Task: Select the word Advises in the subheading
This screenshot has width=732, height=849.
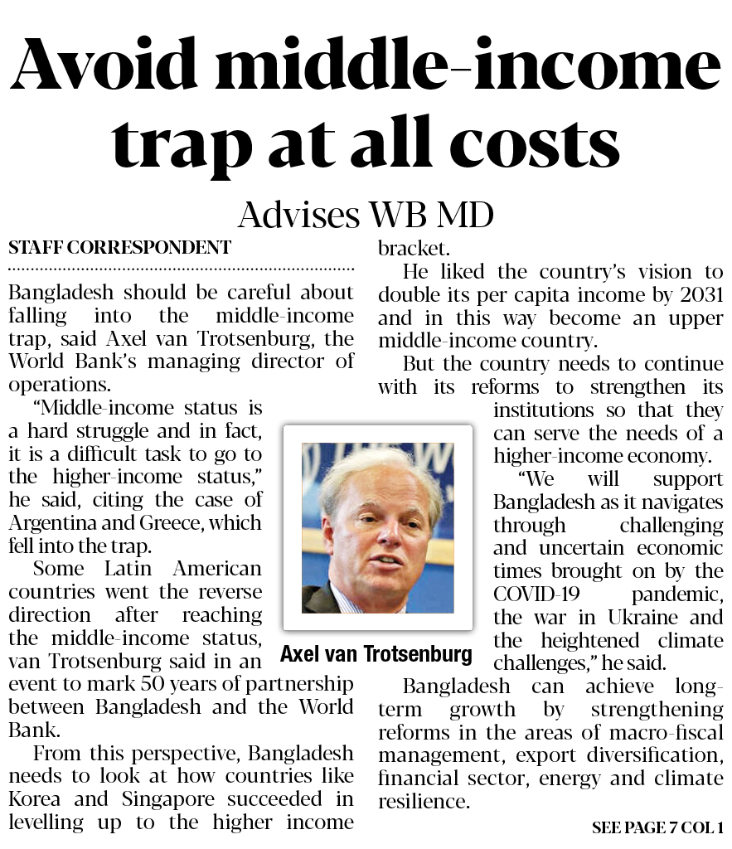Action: coord(298,216)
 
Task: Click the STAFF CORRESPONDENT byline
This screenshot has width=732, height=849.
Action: coord(119,247)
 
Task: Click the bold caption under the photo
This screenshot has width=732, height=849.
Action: coord(376,653)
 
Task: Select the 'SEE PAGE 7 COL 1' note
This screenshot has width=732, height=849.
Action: coord(657,827)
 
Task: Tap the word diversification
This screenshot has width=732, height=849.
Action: coord(660,755)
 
